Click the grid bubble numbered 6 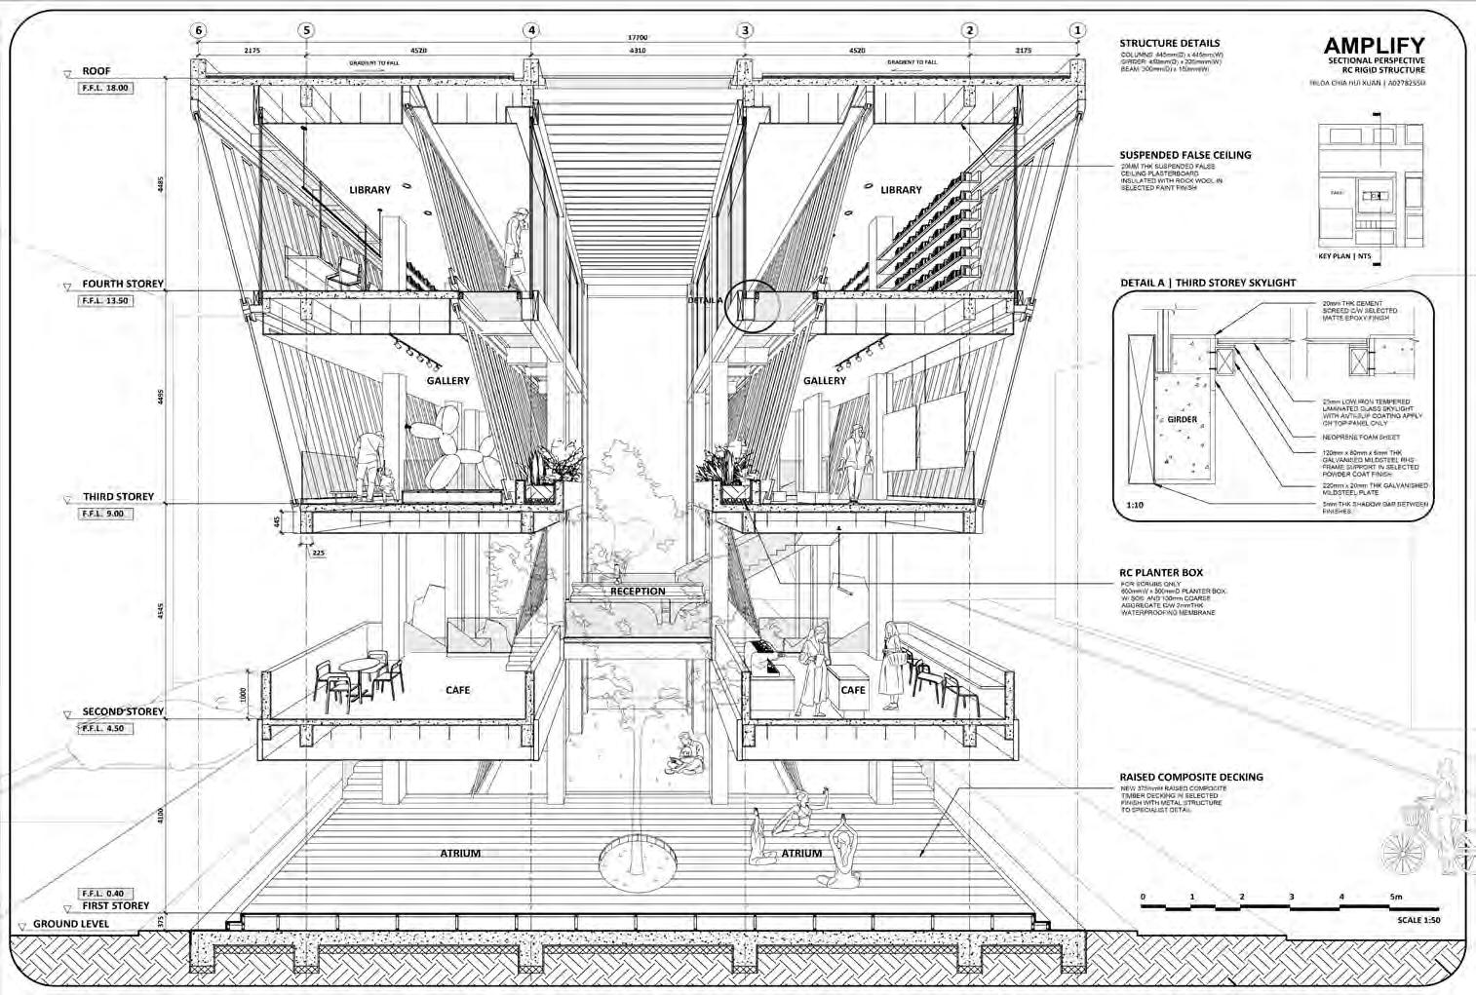pyautogui.click(x=199, y=30)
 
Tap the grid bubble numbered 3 pyautogui.click(x=746, y=30)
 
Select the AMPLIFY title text pyautogui.click(x=1374, y=46)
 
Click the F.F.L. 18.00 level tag pyautogui.click(x=104, y=88)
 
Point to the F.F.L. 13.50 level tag pyautogui.click(x=104, y=301)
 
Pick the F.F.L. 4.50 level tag pyautogui.click(x=104, y=728)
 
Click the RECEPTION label pyautogui.click(x=638, y=592)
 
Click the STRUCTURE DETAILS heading pyautogui.click(x=1169, y=43)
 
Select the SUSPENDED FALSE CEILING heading pyautogui.click(x=1185, y=155)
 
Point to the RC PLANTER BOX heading pyautogui.click(x=1161, y=573)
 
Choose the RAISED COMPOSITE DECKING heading pyautogui.click(x=1190, y=777)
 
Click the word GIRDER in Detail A pyautogui.click(x=1182, y=420)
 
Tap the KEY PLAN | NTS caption pyautogui.click(x=1344, y=257)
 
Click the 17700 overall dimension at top pyautogui.click(x=638, y=38)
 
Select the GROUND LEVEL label pyautogui.click(x=71, y=924)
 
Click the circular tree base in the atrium pyautogui.click(x=638, y=860)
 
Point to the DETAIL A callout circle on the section pyautogui.click(x=756, y=305)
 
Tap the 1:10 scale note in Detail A pyautogui.click(x=1134, y=505)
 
